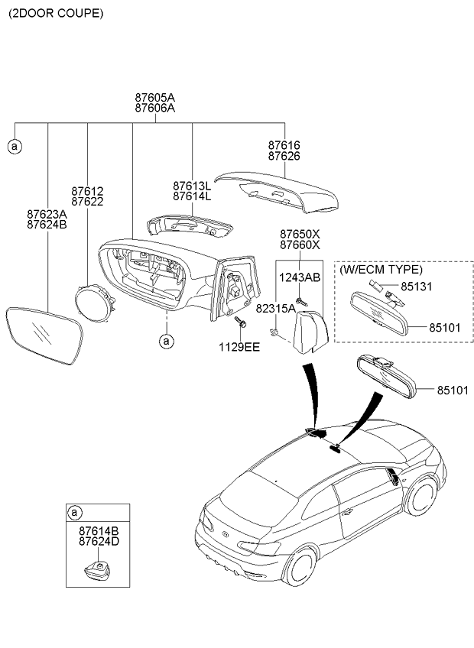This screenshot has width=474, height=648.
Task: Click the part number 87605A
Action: (x=154, y=98)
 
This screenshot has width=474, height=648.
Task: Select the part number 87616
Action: (x=284, y=144)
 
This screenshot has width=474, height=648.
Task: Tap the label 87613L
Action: (x=191, y=186)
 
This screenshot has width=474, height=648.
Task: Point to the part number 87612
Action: (x=87, y=191)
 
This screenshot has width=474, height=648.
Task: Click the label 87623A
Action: (x=46, y=215)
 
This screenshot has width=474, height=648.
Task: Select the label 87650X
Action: (x=299, y=234)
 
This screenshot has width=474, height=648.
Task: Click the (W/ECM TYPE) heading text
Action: (x=381, y=270)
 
